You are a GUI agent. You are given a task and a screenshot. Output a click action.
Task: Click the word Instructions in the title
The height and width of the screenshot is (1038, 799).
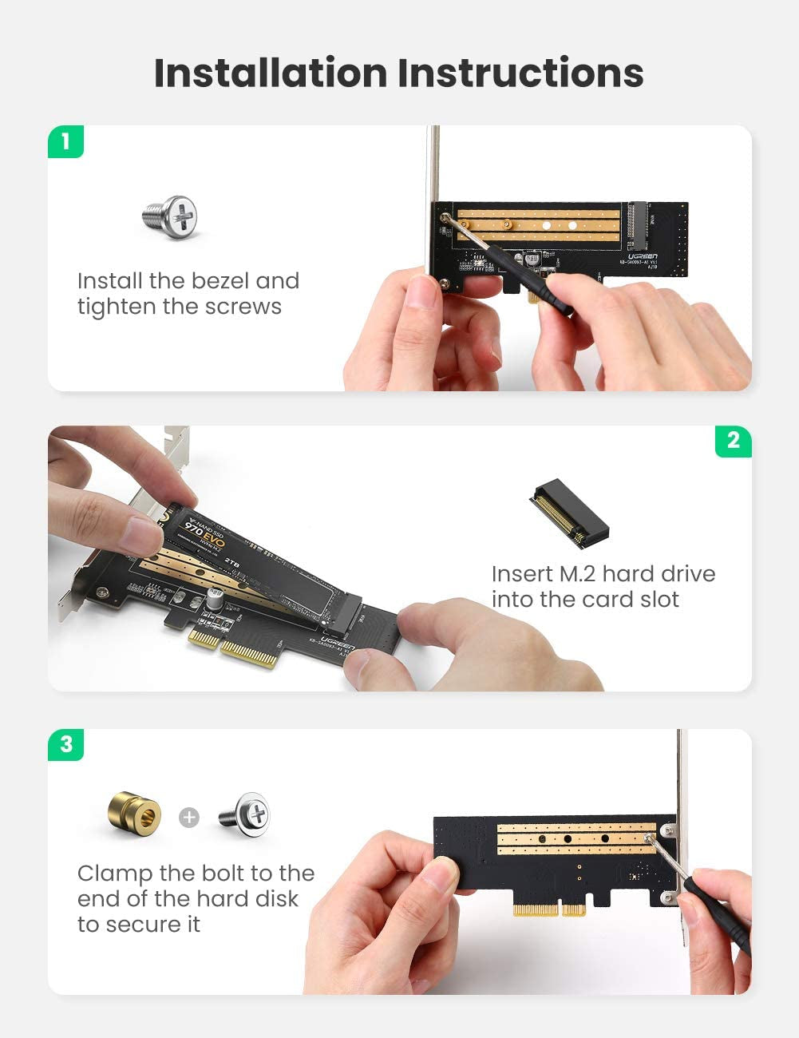point(520,73)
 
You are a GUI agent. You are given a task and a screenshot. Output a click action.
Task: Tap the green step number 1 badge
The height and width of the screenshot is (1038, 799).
point(65,141)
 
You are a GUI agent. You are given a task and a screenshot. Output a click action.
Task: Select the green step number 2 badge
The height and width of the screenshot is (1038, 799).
point(733,441)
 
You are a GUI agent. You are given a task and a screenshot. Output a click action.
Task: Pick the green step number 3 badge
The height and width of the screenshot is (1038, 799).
point(65,744)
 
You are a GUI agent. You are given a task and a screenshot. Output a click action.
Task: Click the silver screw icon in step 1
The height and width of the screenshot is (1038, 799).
point(171,216)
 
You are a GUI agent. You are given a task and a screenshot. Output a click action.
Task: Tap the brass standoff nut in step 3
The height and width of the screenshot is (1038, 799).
point(134,814)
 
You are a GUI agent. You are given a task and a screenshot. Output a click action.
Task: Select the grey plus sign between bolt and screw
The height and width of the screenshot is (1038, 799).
point(189,817)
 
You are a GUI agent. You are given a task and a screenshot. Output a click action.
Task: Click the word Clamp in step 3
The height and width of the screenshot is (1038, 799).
point(115,874)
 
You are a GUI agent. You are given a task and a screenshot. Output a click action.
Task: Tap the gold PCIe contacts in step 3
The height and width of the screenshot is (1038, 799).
point(549,909)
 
